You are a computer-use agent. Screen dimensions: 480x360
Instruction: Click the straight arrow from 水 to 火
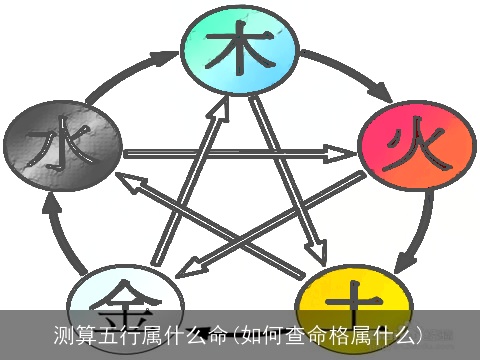[x=240, y=155]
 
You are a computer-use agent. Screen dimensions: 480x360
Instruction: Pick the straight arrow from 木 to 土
[x=290, y=170]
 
